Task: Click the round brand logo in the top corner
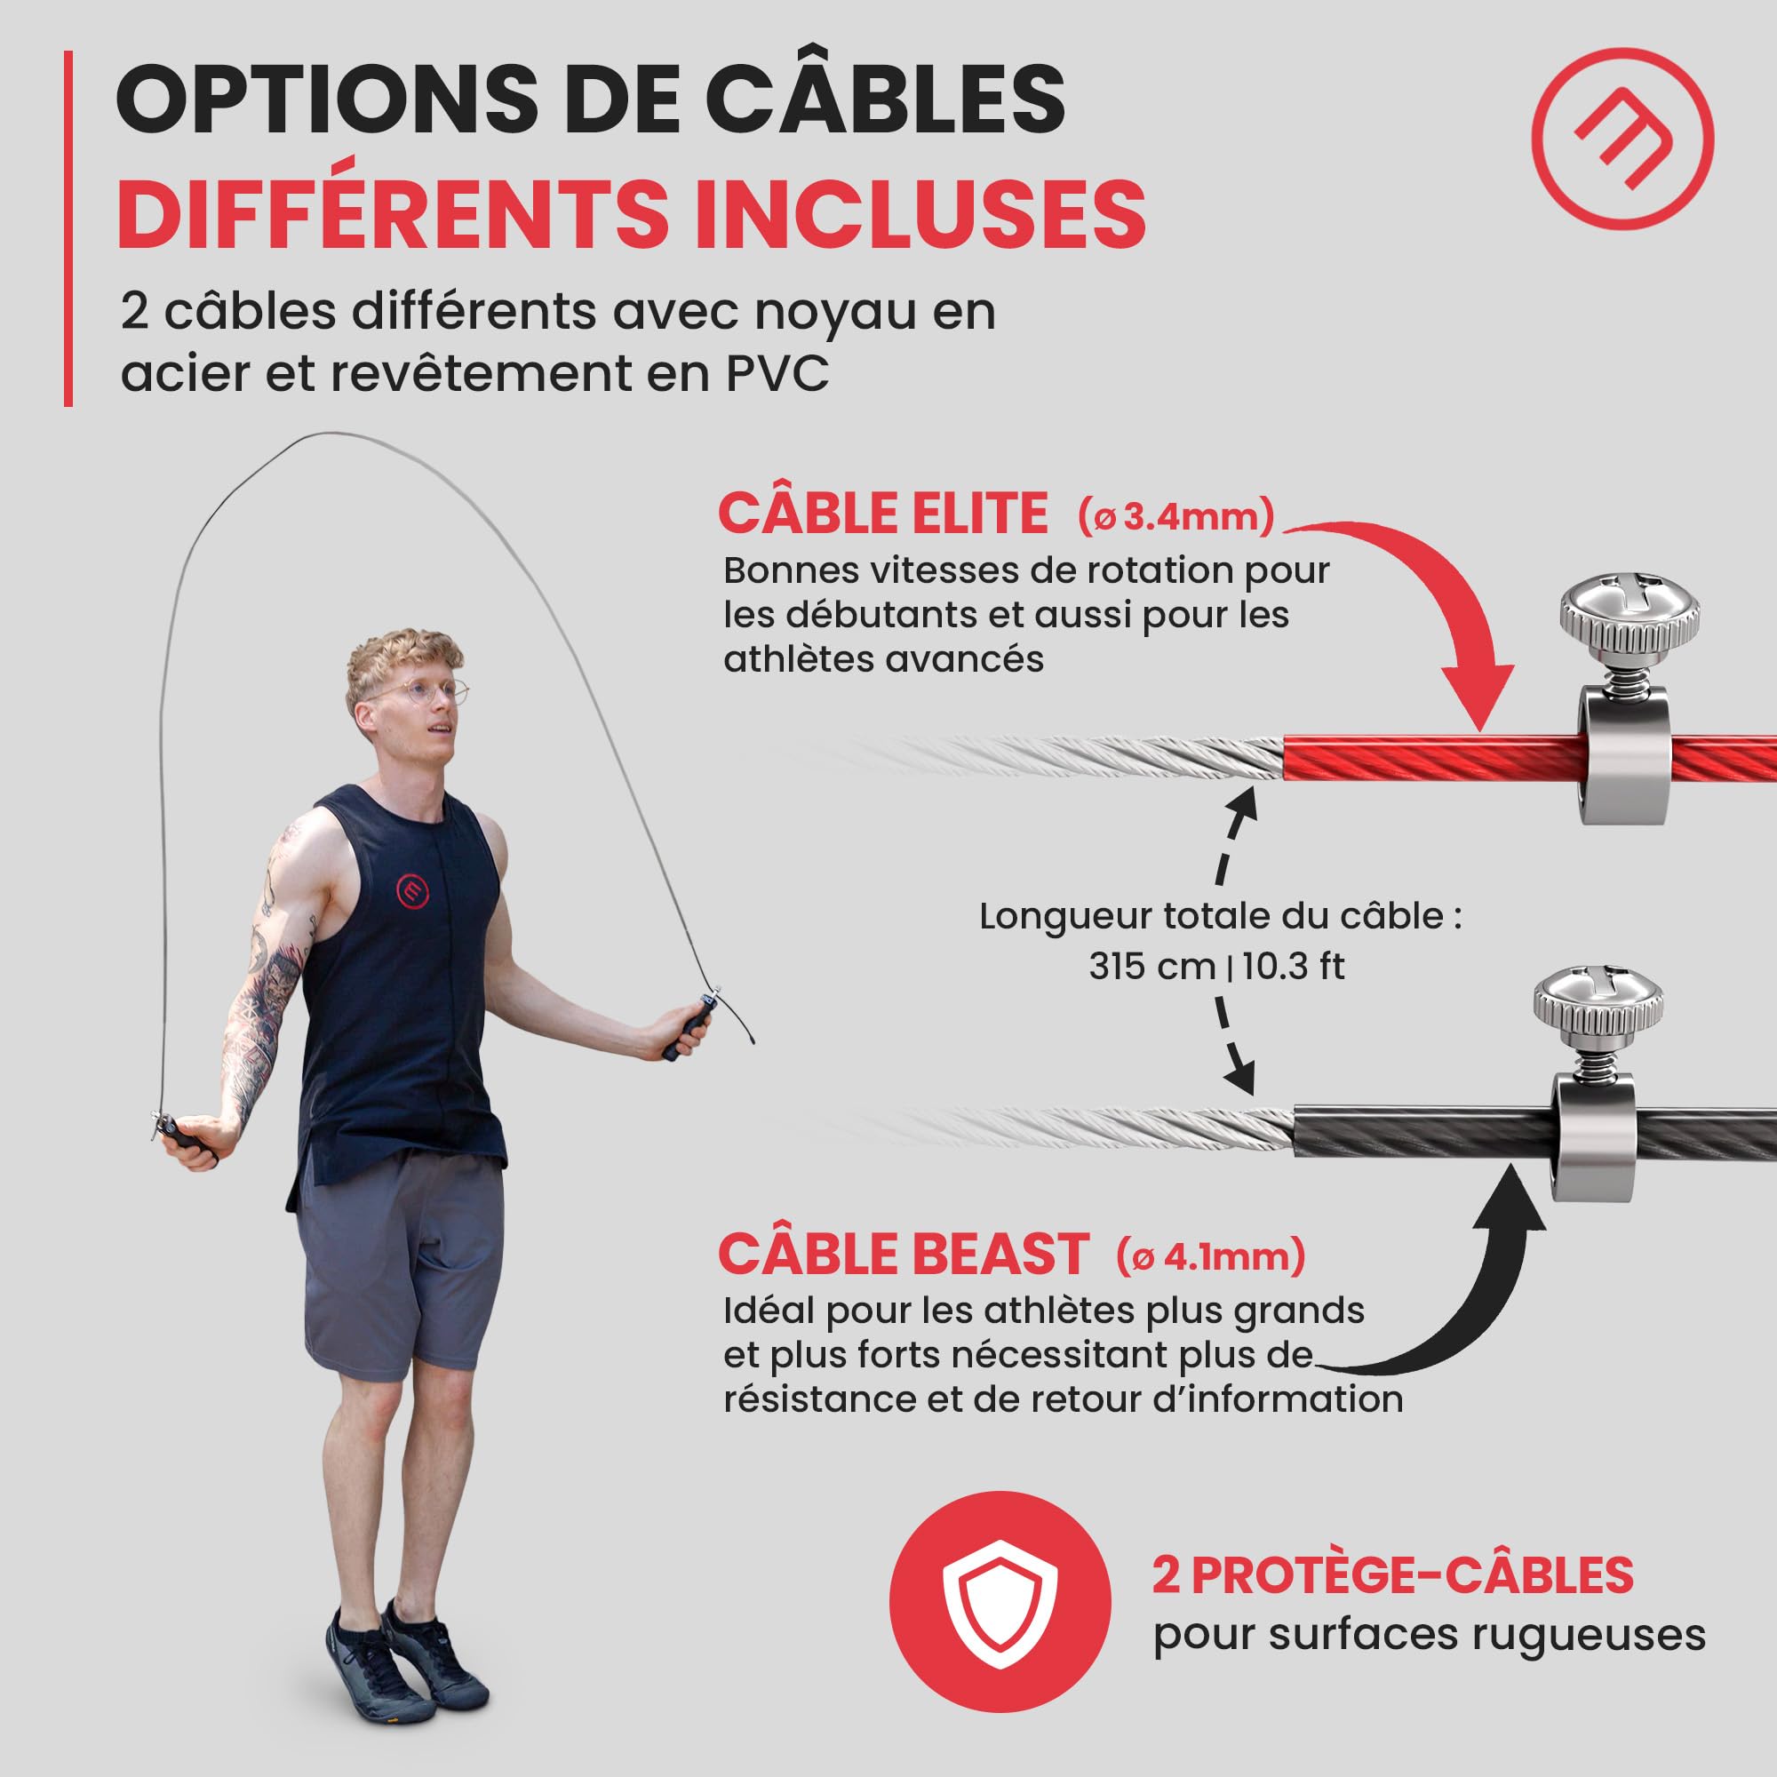pyautogui.click(x=1622, y=139)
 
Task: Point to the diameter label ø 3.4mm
pyautogui.click(x=1175, y=517)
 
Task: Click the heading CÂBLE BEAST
pyautogui.click(x=903, y=1254)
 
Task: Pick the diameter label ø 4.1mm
pyautogui.click(x=1210, y=1256)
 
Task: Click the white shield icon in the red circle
pyautogui.click(x=1000, y=1600)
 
